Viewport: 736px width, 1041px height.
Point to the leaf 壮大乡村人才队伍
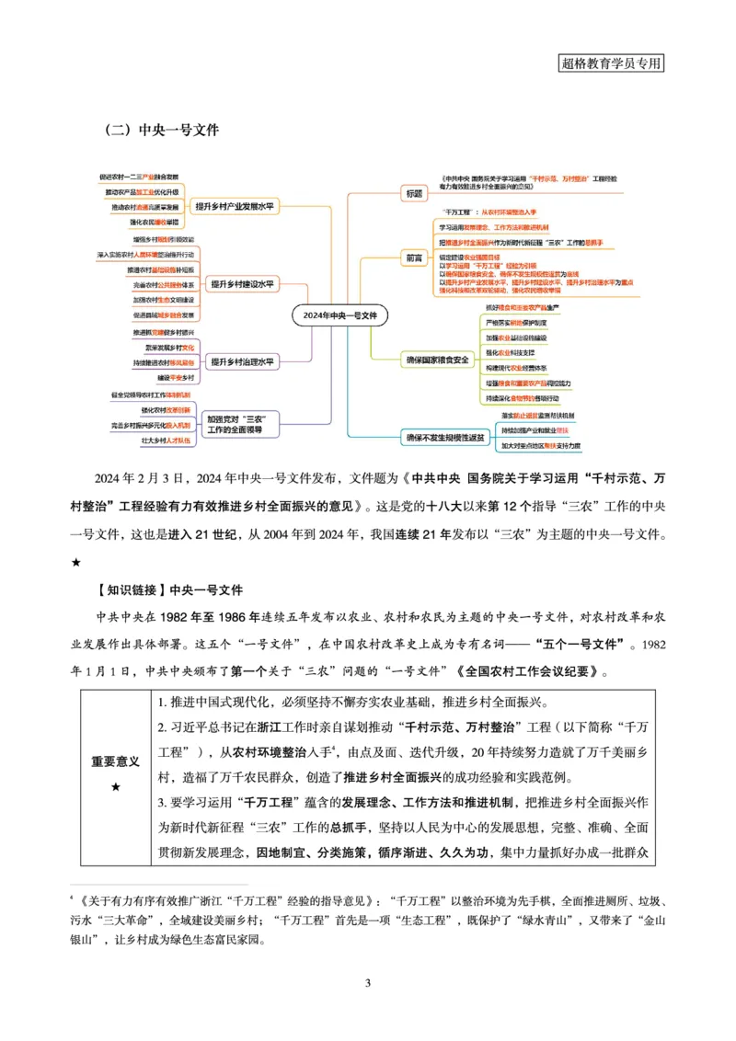click(x=153, y=441)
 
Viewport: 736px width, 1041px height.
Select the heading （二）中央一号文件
click(x=162, y=131)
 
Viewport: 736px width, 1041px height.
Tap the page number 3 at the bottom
click(x=368, y=984)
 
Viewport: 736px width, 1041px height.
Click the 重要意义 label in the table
click(x=115, y=761)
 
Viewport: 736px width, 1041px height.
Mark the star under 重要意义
click(x=115, y=787)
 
